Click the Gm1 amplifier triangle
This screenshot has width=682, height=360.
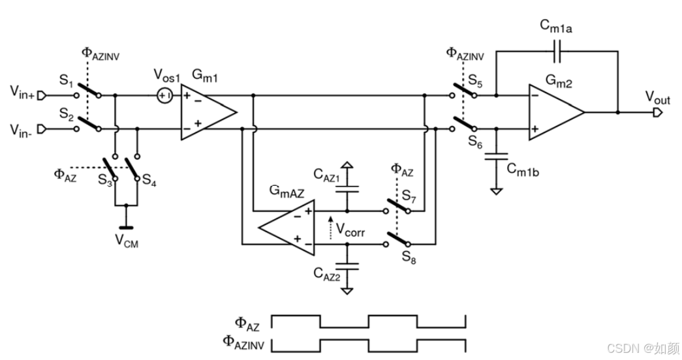tap(206, 112)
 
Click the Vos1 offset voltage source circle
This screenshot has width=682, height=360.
tap(164, 96)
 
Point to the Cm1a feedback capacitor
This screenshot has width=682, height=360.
tap(555, 50)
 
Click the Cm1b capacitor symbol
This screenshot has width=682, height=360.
tap(497, 157)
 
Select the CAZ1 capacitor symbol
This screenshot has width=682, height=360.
tap(347, 188)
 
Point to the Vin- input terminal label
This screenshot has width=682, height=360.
tap(23, 129)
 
